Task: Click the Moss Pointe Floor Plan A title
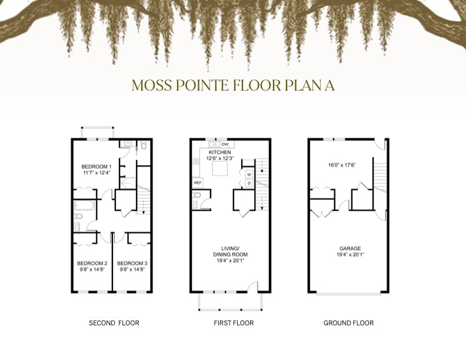pos(234,85)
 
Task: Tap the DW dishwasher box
pos(225,144)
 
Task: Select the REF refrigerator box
pos(198,183)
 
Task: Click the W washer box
pos(249,174)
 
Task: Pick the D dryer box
pos(249,184)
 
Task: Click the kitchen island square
pos(220,169)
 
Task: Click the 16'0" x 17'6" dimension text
pos(342,165)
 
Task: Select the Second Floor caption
pos(114,323)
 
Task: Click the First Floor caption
pos(234,323)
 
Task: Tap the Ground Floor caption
pos(348,323)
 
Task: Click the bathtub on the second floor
pos(85,205)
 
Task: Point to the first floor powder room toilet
pos(197,195)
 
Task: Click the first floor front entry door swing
pos(252,285)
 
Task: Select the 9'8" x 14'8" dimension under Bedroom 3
pos(132,269)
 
